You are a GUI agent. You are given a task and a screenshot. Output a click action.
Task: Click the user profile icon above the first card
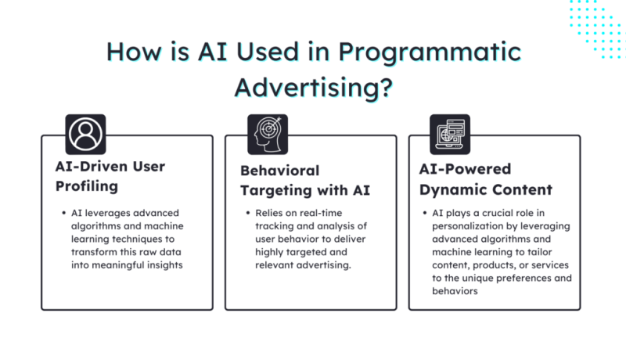coord(85,134)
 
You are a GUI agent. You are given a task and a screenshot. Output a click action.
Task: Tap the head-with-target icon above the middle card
coord(267,134)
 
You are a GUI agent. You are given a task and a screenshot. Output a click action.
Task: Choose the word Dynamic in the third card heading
coord(452,189)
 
